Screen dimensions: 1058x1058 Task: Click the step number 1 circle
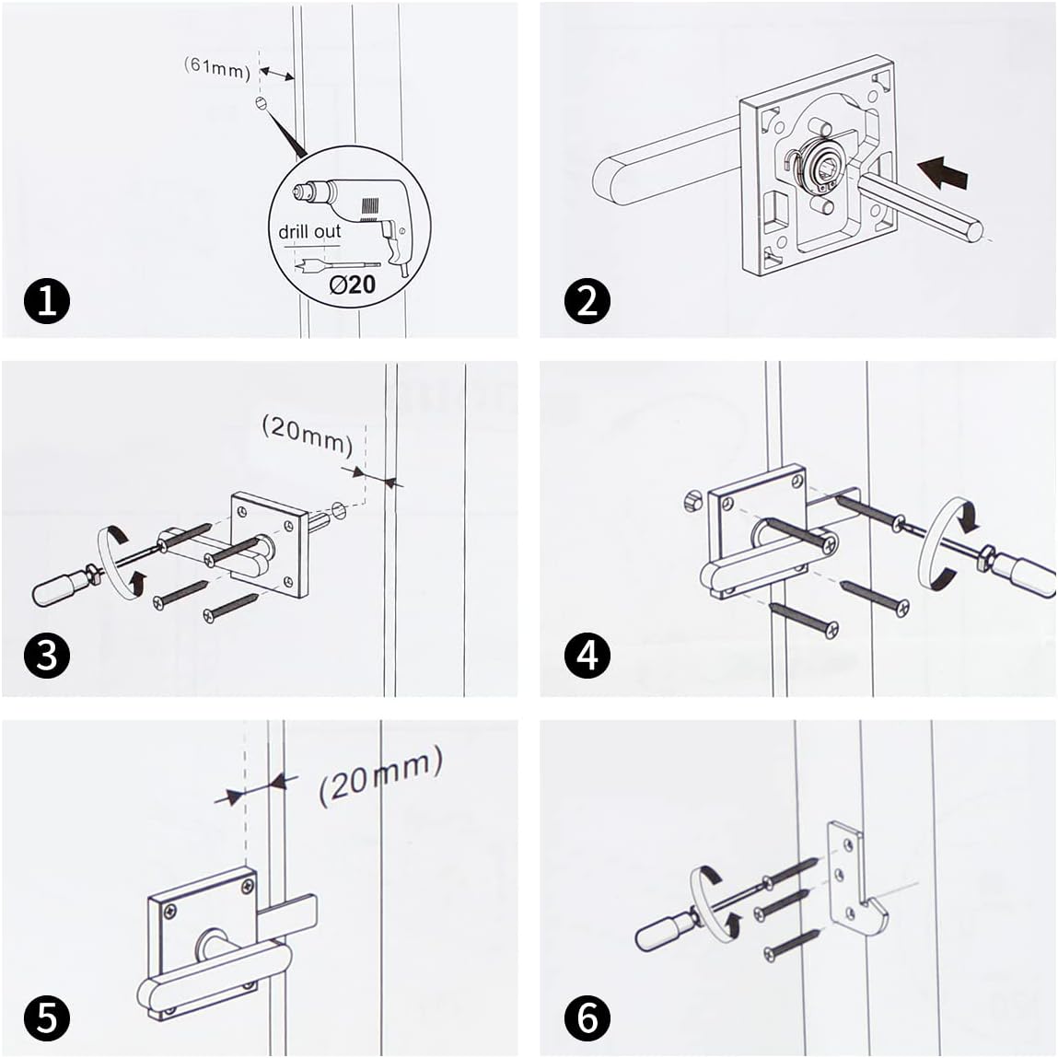tap(48, 300)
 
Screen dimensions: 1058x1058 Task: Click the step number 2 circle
tap(587, 300)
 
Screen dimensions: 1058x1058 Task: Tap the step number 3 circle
tap(48, 655)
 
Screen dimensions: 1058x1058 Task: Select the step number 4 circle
tap(587, 655)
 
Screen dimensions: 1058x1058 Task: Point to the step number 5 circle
tap(48, 1018)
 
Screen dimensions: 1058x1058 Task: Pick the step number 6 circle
tap(587, 1018)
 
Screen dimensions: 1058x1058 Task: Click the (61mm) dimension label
tap(217, 66)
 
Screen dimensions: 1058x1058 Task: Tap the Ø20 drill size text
tap(353, 284)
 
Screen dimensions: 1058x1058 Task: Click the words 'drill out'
tap(309, 231)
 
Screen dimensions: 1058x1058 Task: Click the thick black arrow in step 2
tap(945, 172)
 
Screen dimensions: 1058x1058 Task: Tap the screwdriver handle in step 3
tap(57, 588)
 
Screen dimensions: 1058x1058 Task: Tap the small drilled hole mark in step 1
tap(261, 103)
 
